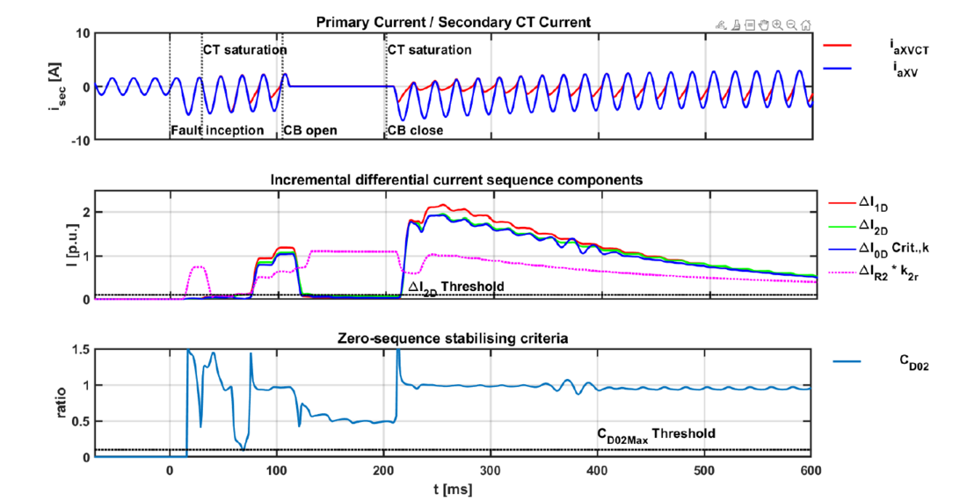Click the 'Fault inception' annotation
[217, 131]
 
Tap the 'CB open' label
[309, 131]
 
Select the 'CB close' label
[415, 131]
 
